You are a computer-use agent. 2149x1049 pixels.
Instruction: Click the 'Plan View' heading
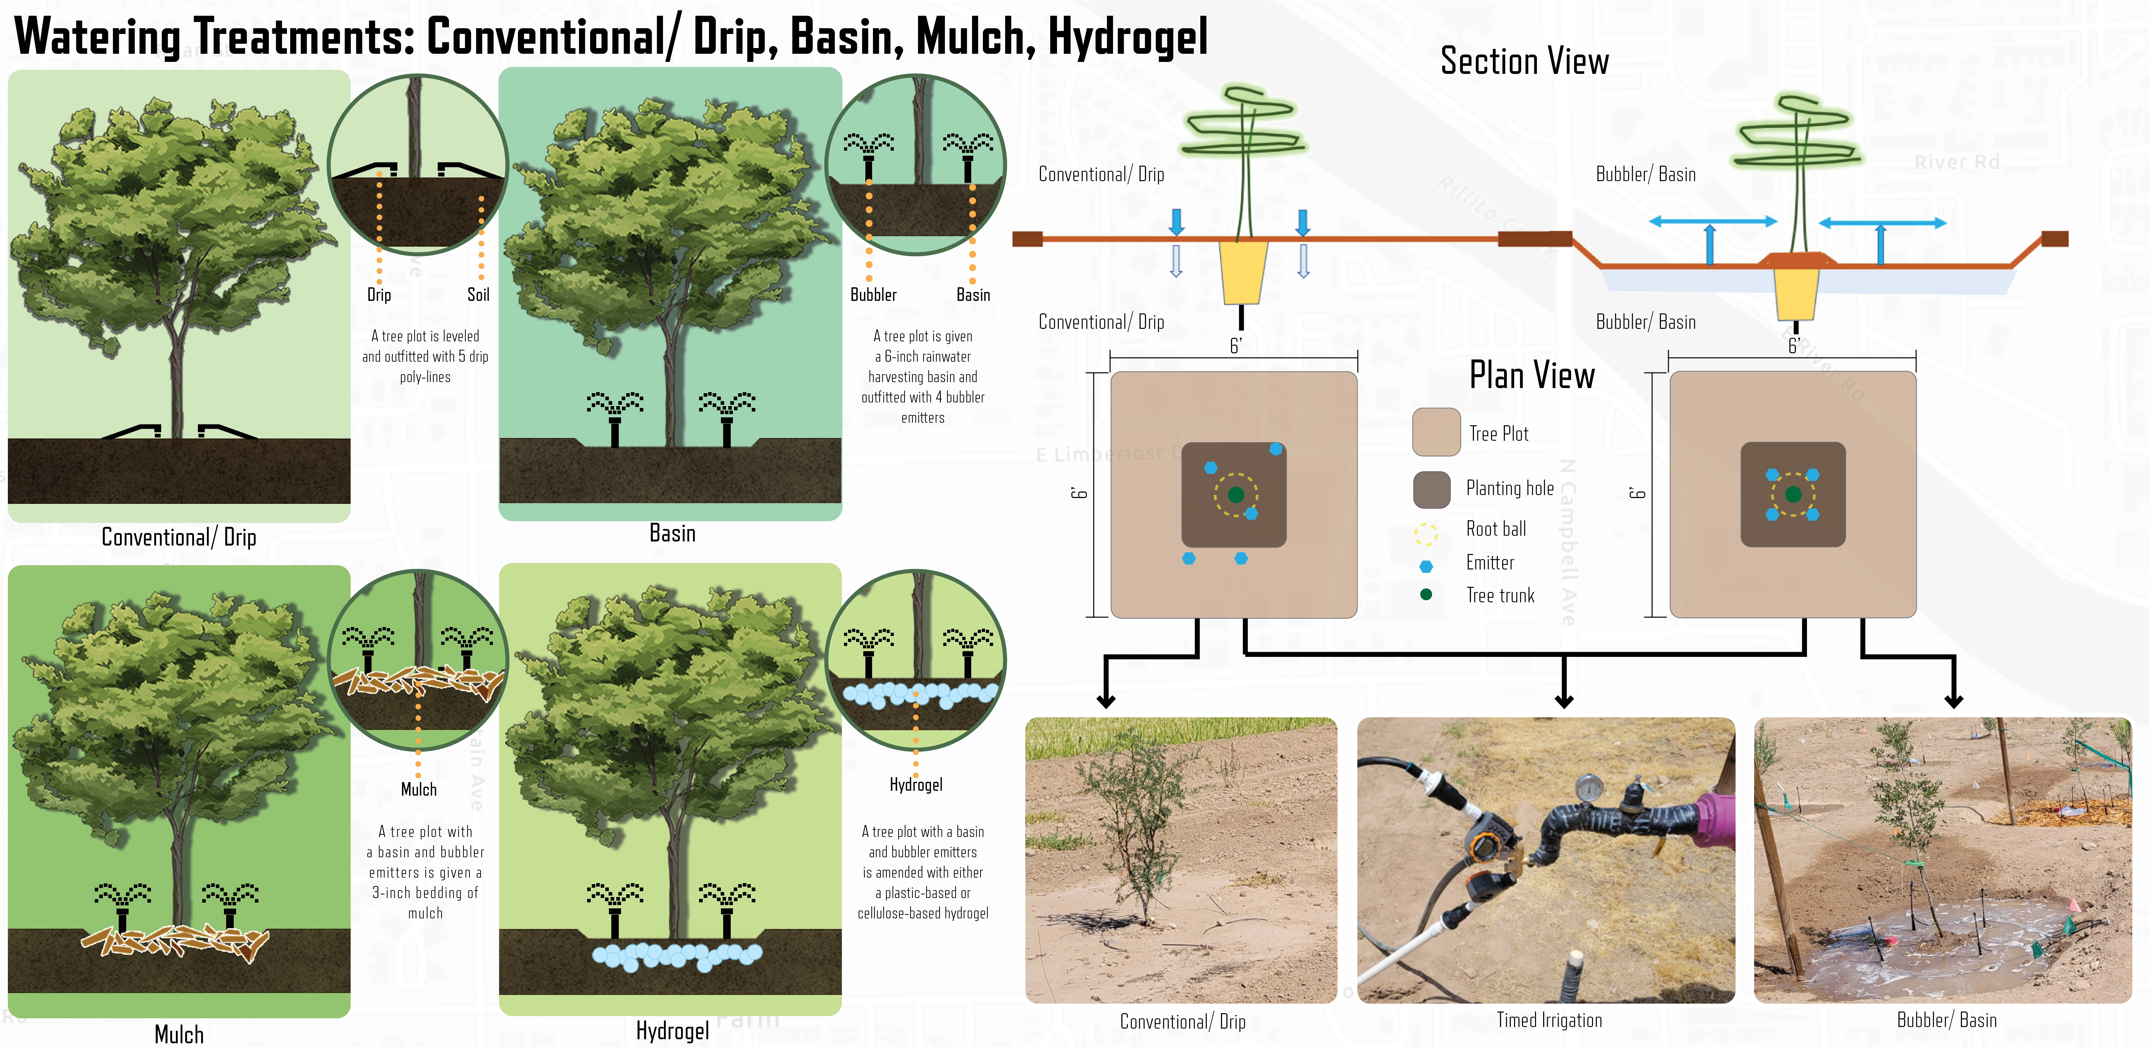pos(1532,376)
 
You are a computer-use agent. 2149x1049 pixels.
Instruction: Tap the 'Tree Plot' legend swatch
pos(1436,432)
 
